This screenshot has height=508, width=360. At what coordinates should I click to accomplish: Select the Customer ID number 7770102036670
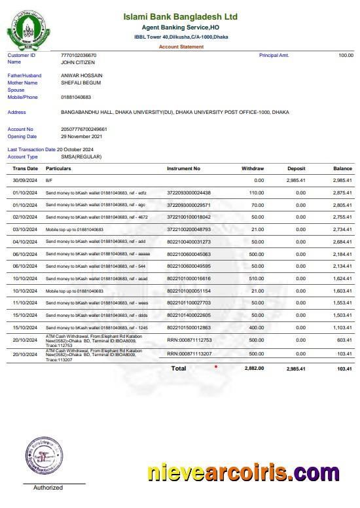tap(79, 56)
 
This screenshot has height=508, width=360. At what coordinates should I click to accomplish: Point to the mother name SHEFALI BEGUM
tap(81, 82)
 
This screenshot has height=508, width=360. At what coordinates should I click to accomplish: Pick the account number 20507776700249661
tap(84, 130)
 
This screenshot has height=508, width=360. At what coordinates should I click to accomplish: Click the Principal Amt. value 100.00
tap(346, 56)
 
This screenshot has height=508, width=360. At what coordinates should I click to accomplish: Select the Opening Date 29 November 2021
tap(82, 137)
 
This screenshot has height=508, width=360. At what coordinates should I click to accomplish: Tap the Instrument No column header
tap(184, 169)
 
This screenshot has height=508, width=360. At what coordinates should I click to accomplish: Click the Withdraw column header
tap(253, 169)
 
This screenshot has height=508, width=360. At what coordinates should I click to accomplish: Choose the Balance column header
tap(342, 169)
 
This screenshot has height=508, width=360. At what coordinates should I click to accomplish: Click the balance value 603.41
tap(344, 340)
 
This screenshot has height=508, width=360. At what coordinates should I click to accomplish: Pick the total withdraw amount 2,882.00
tap(254, 369)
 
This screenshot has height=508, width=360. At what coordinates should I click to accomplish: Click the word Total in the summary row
tap(179, 369)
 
